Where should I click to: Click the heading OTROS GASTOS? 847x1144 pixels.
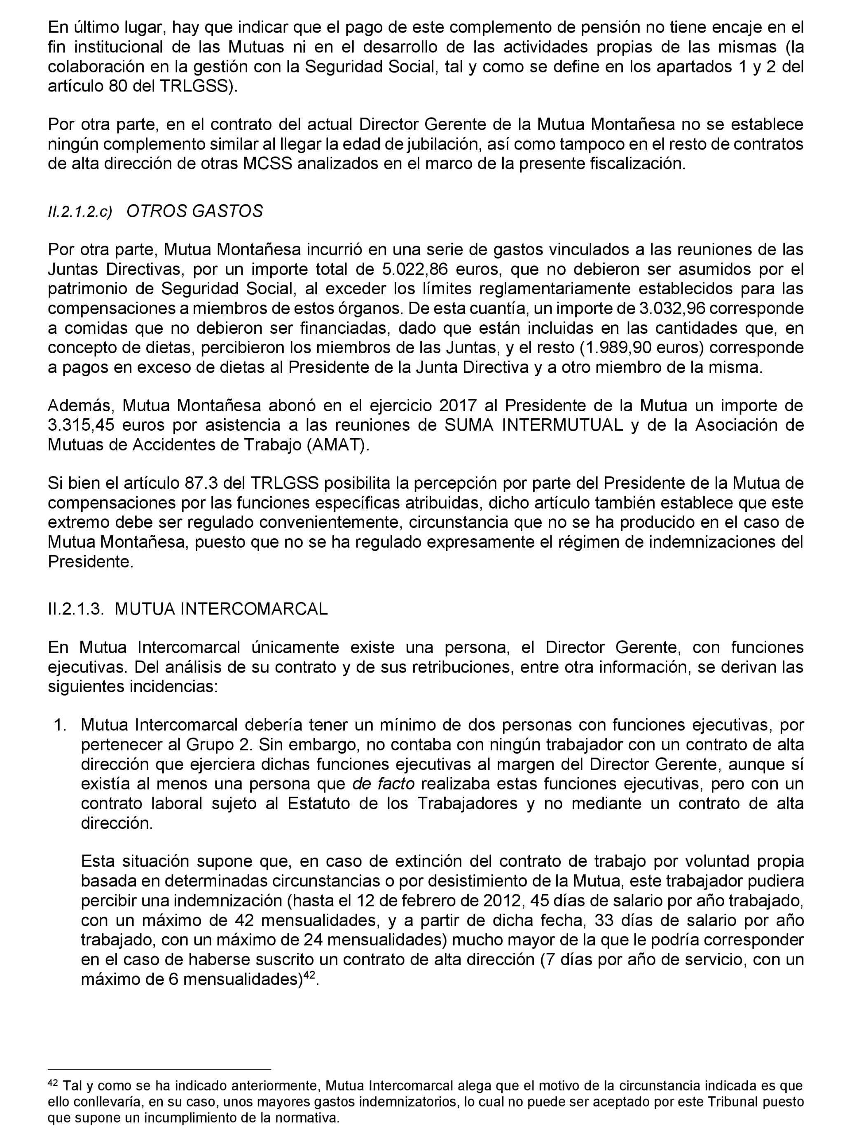click(x=194, y=211)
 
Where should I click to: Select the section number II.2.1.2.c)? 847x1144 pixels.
click(x=80, y=212)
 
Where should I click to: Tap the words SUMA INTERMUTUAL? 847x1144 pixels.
click(x=533, y=425)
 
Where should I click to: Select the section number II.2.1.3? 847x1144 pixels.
click(x=76, y=609)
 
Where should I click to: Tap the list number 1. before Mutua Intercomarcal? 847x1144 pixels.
click(x=61, y=725)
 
